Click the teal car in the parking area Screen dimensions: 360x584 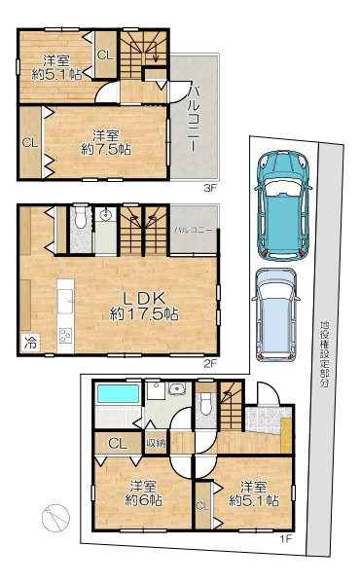pyautogui.click(x=282, y=204)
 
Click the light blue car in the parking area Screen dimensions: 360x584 pyautogui.click(x=275, y=314)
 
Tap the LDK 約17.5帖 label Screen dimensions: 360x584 pyautogui.click(x=144, y=307)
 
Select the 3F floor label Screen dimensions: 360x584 pyautogui.click(x=209, y=188)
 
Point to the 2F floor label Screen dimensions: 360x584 pyautogui.click(x=210, y=363)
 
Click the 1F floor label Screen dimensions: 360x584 pyautogui.click(x=286, y=538)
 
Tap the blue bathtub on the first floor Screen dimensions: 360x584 pyautogui.click(x=119, y=393)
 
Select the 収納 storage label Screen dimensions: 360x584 pyautogui.click(x=156, y=443)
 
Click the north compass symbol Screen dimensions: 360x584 pyautogui.click(x=55, y=518)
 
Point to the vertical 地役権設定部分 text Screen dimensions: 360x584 pyautogui.click(x=325, y=354)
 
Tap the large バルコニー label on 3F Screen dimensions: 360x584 pyautogui.click(x=194, y=118)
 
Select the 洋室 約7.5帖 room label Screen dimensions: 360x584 pyautogui.click(x=106, y=142)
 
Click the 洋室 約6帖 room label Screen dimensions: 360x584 pyautogui.click(x=143, y=493)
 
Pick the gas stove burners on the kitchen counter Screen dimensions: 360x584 pyautogui.click(x=65, y=335)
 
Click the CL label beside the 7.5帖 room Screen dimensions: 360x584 pyautogui.click(x=30, y=143)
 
